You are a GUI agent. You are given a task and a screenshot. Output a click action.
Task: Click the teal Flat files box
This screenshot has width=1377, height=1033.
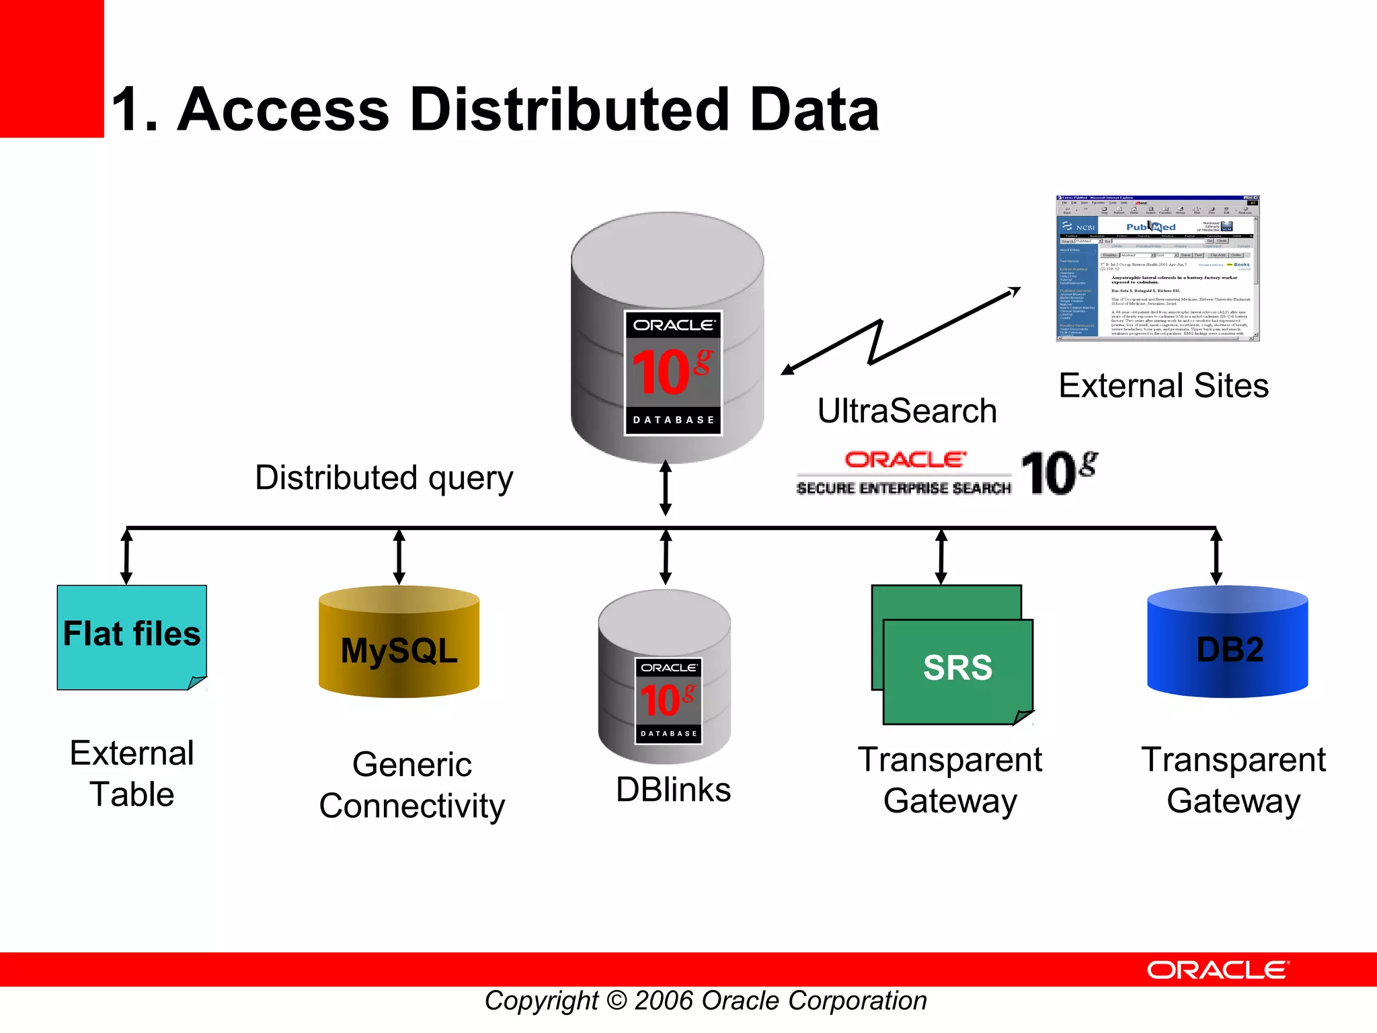(132, 637)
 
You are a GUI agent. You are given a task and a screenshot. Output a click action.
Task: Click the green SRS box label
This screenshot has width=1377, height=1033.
(957, 668)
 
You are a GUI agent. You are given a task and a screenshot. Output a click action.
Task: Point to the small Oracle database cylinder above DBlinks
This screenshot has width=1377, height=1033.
(665, 676)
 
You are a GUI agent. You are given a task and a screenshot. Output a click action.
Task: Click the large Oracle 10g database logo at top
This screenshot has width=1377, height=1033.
(673, 373)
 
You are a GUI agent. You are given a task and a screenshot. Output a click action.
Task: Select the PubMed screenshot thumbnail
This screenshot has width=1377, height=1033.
(1156, 268)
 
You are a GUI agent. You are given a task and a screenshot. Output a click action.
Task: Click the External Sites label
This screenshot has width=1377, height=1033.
(1163, 386)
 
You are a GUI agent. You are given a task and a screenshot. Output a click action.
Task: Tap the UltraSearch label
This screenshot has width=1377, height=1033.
(907, 411)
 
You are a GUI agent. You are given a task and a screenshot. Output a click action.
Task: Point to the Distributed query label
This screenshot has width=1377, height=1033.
(384, 478)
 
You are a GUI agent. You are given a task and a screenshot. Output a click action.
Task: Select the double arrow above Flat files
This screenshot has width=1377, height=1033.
(126, 556)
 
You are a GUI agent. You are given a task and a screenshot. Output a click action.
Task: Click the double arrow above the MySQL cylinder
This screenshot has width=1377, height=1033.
(399, 556)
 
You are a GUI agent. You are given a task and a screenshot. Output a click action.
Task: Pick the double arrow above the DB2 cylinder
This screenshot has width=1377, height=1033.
(1216, 556)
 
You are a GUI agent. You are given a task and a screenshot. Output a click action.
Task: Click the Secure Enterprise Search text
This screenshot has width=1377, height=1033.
(904, 488)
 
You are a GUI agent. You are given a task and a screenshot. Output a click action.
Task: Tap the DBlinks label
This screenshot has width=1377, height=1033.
(673, 790)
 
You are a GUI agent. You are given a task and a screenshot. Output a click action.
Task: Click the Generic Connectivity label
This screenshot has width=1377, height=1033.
(411, 786)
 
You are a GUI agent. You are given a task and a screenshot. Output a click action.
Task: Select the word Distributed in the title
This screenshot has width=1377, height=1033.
(569, 110)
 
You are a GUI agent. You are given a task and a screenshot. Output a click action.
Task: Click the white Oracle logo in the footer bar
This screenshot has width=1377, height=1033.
(1217, 970)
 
